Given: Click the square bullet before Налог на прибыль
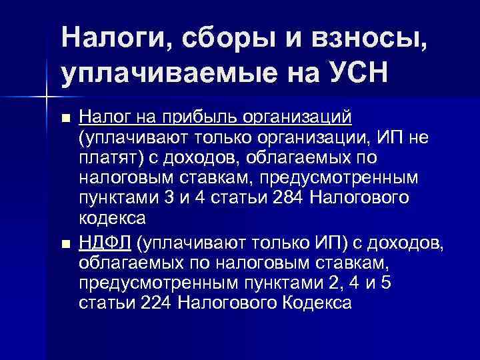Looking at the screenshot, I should coord(65,119).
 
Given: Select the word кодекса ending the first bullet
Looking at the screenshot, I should coord(112,219).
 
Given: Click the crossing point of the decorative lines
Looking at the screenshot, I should coord(47,98).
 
